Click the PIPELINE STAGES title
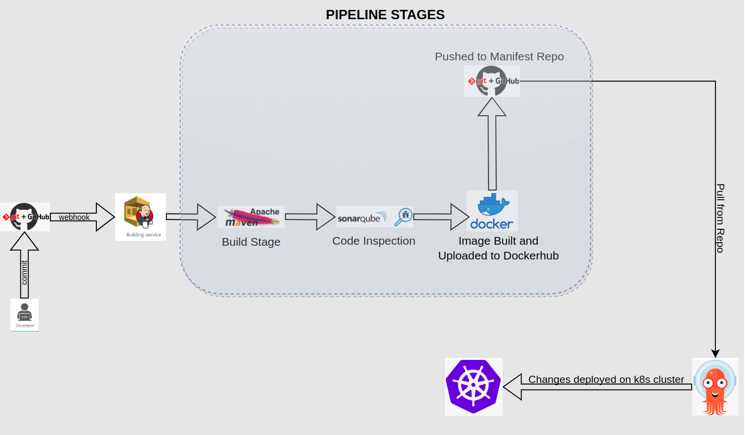[385, 15]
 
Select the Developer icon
[25, 315]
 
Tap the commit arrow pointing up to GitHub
[25, 269]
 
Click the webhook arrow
[82, 217]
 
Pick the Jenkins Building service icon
[140, 216]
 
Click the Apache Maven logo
[251, 217]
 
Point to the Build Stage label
[251, 242]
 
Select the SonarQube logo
[375, 217]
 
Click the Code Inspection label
[374, 241]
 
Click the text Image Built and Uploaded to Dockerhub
[498, 248]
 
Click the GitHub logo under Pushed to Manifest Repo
[492, 81]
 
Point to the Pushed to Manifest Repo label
[499, 57]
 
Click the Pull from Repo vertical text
[720, 218]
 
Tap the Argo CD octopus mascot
[715, 386]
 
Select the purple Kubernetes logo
[473, 387]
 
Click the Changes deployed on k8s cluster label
[606, 380]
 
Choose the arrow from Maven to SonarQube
[310, 217]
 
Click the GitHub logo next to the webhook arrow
[25, 217]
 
